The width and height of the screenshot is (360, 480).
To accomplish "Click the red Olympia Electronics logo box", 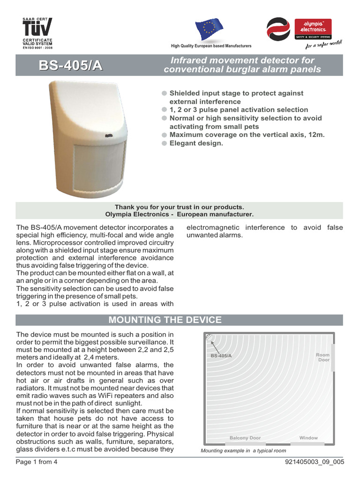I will click(312, 29).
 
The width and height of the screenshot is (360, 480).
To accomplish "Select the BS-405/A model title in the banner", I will click(70, 66).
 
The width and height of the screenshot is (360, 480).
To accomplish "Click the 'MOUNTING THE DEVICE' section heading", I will click(165, 320).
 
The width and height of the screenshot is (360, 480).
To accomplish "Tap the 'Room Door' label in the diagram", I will click(322, 358).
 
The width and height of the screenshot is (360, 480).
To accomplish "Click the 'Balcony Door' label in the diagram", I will click(245, 438).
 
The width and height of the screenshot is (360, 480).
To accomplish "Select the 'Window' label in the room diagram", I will click(308, 438).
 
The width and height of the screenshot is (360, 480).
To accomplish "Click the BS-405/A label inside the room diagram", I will click(221, 356).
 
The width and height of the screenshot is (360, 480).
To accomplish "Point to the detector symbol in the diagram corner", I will click(209, 337).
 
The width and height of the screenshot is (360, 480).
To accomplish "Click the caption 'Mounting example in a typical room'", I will click(243, 450).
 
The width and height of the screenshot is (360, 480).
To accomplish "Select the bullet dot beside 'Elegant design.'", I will click(164, 143).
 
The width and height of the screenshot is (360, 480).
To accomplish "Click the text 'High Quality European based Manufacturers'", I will click(211, 46).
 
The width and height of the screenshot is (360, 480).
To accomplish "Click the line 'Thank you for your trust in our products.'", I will click(180, 207).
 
